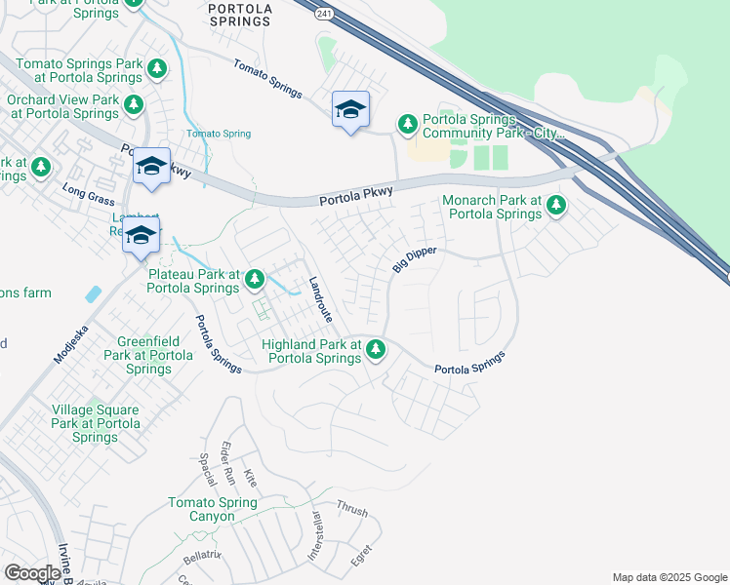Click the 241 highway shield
[323, 12]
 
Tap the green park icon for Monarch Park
[555, 206]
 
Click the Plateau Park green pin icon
[255, 281]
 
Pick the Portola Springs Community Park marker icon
[407, 124]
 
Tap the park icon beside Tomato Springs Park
[157, 68]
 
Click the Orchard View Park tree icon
[133, 105]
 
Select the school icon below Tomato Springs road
[349, 110]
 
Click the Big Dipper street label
[414, 259]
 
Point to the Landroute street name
[320, 297]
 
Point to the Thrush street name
[351, 509]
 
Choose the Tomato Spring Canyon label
[212, 509]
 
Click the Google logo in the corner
[32, 572]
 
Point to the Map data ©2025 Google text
[669, 577]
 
